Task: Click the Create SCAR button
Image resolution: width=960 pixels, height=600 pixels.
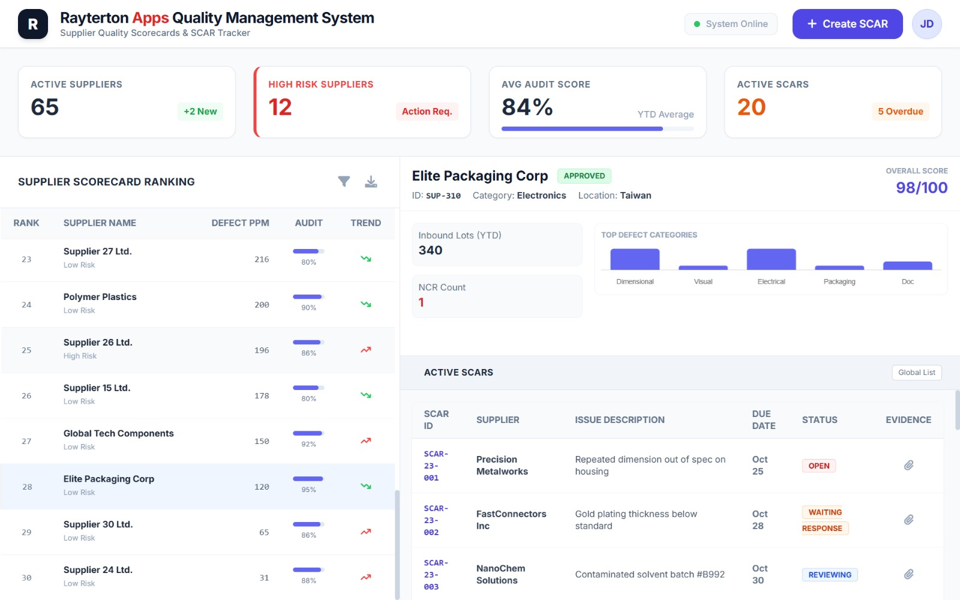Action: point(847,24)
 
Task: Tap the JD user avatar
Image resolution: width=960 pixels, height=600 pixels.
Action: point(926,24)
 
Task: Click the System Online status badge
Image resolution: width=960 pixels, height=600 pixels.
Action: point(730,24)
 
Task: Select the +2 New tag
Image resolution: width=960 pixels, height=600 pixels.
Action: point(200,112)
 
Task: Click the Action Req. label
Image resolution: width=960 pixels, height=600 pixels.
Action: point(427,112)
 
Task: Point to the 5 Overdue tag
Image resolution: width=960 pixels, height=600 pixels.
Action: point(900,112)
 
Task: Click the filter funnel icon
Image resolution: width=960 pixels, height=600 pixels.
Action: point(344,181)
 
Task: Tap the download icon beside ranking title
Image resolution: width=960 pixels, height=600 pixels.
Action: point(371,181)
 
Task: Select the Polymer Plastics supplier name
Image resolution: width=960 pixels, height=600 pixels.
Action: point(100,297)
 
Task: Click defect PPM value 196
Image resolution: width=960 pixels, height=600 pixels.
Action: point(262,350)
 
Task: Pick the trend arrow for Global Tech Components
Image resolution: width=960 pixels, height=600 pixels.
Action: point(365,441)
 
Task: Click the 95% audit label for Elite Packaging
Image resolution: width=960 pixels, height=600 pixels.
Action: point(308,490)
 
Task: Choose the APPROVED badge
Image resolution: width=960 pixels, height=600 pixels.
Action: point(584,176)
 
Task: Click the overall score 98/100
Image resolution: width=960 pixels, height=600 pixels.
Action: point(921,188)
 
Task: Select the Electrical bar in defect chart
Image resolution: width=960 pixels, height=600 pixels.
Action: point(771,259)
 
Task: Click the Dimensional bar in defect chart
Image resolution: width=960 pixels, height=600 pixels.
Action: point(635,259)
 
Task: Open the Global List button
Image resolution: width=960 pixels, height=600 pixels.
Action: point(916,373)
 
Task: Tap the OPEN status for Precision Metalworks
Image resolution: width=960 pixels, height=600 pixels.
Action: point(818,466)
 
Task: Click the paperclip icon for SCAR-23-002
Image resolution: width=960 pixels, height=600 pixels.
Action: point(908,520)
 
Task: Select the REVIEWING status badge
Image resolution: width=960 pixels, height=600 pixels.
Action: point(829,575)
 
